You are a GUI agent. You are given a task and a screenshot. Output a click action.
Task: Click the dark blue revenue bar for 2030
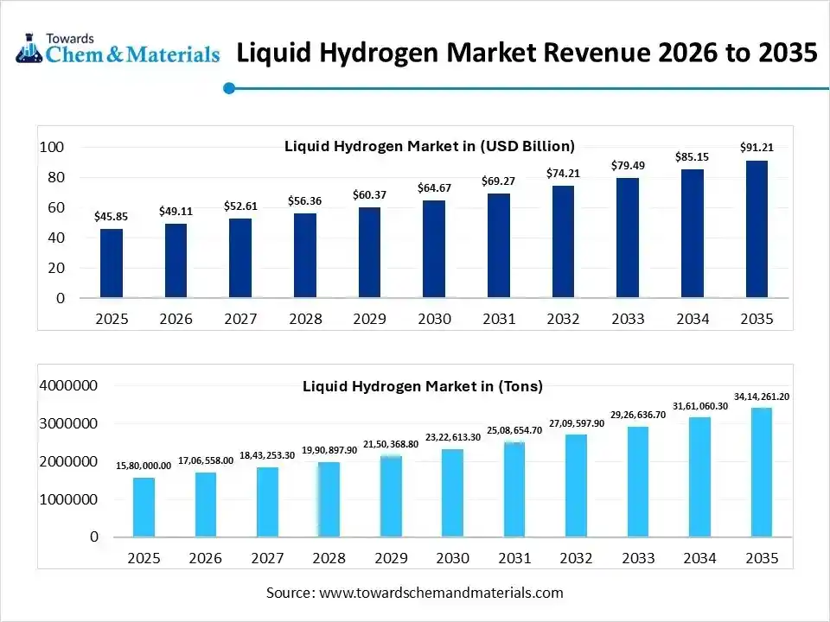(x=434, y=250)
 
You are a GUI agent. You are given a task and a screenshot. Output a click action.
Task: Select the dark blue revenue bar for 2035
(x=756, y=229)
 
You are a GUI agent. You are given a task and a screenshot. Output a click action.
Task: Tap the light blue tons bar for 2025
(x=144, y=507)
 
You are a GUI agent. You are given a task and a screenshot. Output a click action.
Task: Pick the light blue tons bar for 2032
(x=576, y=486)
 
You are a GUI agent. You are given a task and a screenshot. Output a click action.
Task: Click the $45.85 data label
(x=112, y=215)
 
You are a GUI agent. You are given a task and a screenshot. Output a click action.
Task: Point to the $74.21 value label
(x=563, y=173)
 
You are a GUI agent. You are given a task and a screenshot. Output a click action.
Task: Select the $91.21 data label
(x=757, y=148)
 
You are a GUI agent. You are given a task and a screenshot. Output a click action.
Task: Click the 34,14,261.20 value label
(x=762, y=397)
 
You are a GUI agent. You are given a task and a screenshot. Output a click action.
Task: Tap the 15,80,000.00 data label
(x=144, y=466)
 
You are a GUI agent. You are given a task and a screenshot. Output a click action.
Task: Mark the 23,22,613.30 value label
(x=452, y=438)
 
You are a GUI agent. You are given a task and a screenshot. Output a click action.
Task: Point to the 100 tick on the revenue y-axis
(x=53, y=148)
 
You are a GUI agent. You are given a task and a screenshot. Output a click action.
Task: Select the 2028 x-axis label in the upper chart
(x=305, y=319)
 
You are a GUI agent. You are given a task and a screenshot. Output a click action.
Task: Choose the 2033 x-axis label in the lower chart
(x=637, y=559)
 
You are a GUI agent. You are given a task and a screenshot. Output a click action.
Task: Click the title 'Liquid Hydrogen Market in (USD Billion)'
(x=429, y=146)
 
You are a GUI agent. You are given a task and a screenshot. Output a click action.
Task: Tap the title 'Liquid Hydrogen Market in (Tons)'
(x=422, y=386)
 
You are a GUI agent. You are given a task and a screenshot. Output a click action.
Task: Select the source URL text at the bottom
(x=415, y=593)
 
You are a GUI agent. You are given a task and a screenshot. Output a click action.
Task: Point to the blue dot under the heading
(x=229, y=87)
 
